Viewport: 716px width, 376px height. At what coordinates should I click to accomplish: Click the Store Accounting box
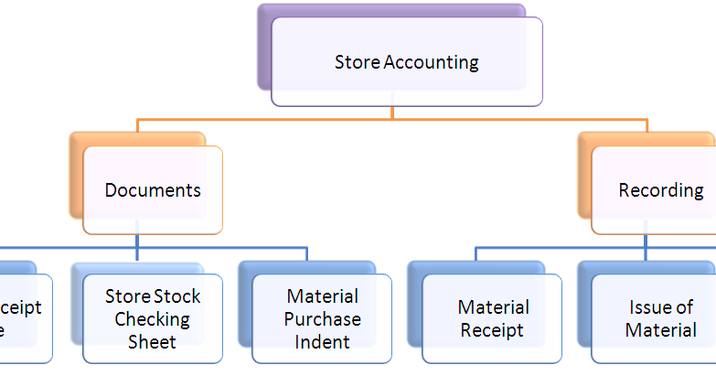[406, 62]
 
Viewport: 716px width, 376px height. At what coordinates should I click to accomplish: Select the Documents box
[153, 190]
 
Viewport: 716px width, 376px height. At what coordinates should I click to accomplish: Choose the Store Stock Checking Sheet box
[153, 318]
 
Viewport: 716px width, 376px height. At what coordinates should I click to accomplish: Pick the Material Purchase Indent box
[322, 318]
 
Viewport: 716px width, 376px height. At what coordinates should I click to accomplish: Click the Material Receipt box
[492, 318]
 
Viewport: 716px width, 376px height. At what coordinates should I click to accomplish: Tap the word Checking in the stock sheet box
[153, 319]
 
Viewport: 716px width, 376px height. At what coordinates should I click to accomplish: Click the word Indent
[322, 342]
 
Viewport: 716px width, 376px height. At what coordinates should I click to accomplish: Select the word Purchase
[322, 319]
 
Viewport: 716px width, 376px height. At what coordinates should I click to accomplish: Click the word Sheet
[153, 342]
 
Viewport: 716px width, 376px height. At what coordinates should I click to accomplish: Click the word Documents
[153, 190]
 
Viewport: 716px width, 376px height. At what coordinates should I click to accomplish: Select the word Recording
[661, 190]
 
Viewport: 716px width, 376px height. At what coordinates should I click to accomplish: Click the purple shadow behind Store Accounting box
[265, 46]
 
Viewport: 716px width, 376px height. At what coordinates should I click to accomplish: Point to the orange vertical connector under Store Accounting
[392, 113]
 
